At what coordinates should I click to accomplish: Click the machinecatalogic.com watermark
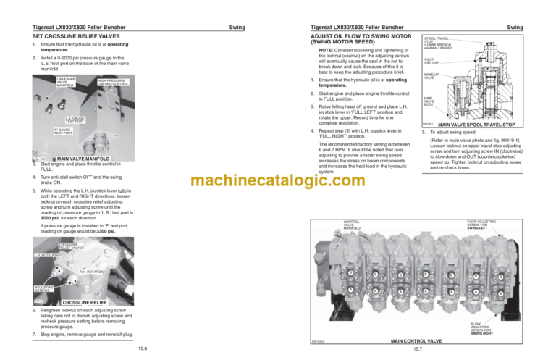pyautogui.click(x=277, y=180)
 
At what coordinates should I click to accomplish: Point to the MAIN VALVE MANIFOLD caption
pyautogui.click(x=83, y=158)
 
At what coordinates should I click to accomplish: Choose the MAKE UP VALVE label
pyautogui.click(x=433, y=76)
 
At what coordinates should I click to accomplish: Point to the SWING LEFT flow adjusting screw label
pyautogui.click(x=481, y=227)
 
